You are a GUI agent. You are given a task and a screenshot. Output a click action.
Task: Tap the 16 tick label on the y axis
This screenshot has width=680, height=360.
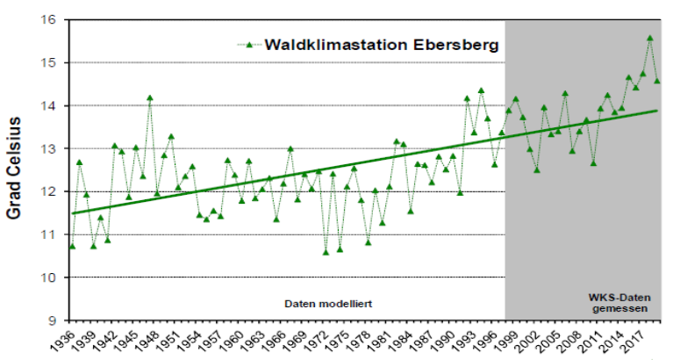tap(48, 19)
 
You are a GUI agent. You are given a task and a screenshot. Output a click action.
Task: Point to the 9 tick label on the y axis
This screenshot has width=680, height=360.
tap(52, 320)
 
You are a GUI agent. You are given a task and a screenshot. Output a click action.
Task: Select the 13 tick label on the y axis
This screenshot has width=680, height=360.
tap(48, 148)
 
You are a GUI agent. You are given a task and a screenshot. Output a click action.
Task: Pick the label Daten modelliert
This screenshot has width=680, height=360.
tap(329, 304)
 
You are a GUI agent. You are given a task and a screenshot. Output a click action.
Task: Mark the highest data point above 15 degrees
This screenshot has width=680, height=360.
tap(649, 38)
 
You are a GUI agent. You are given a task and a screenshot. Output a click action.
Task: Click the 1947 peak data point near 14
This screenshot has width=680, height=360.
tap(150, 97)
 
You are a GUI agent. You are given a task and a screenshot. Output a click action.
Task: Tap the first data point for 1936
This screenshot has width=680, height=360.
tap(72, 247)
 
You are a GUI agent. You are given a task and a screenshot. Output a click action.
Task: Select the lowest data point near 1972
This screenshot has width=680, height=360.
tap(326, 252)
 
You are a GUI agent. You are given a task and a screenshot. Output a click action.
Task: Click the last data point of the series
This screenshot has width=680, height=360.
tap(656, 81)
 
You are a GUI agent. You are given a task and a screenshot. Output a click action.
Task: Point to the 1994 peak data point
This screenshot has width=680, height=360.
tap(481, 90)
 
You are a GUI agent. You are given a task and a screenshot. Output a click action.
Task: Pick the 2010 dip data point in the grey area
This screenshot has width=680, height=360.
tap(593, 162)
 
